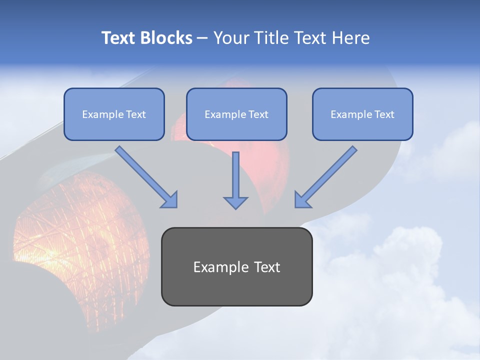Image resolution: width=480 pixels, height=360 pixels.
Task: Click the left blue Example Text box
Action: point(114,114)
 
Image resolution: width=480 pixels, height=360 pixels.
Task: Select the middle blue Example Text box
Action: point(236,114)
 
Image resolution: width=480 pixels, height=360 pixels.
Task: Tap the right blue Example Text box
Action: point(362,114)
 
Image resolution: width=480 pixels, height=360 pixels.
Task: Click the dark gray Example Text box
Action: point(236,266)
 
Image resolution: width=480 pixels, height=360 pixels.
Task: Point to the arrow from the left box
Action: point(145,175)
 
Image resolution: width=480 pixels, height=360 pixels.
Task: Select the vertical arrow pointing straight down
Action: point(235,180)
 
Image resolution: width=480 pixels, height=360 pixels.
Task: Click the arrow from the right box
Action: point(326,175)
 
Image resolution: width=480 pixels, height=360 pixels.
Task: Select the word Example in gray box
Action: point(221,267)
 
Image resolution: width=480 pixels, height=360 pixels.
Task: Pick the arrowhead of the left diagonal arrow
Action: point(170,200)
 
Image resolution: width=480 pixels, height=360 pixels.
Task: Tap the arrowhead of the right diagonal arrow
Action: point(302,200)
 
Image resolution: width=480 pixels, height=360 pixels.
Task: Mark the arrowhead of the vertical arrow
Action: point(235,202)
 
